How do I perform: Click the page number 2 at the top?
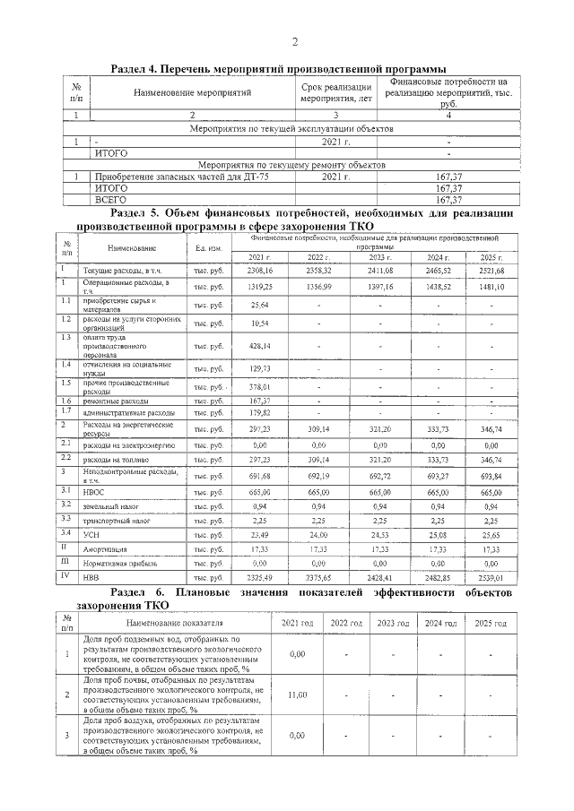point(293,42)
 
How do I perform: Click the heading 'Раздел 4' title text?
point(277,68)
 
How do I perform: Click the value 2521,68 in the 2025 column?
point(491,270)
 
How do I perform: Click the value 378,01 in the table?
point(259,386)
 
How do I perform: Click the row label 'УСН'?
point(91,533)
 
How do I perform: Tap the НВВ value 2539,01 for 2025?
point(491,577)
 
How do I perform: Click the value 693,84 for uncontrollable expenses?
point(491,474)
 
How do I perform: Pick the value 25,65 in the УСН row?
point(491,533)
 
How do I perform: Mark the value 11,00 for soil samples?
point(298,695)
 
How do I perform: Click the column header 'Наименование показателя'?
point(174,622)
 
